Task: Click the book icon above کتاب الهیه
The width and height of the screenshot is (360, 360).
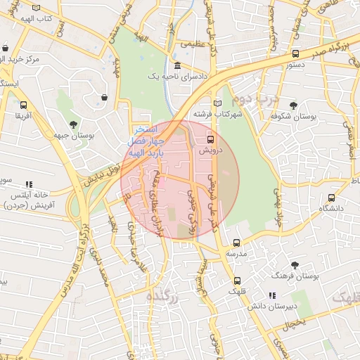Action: click(x=35, y=7)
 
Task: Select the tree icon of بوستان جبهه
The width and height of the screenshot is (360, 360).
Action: click(x=55, y=131)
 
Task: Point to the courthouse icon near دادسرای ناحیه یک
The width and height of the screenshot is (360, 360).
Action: click(x=176, y=67)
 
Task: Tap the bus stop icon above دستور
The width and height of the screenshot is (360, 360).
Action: click(x=295, y=53)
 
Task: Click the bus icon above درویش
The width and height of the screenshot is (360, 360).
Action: click(x=210, y=140)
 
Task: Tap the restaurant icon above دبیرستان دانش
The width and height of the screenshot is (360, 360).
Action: click(x=271, y=295)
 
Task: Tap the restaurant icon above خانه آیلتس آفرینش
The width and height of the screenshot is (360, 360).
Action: click(x=29, y=184)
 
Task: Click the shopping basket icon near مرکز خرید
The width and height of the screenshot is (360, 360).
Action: click(x=6, y=49)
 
